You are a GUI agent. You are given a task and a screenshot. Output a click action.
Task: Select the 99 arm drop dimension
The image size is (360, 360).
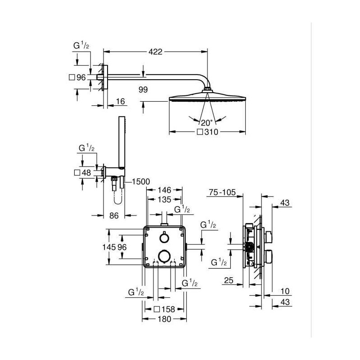coord(143,90)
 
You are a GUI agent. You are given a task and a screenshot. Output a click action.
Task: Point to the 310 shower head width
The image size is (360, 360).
coord(211,133)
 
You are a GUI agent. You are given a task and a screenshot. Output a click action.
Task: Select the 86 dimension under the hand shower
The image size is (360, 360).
coord(114,216)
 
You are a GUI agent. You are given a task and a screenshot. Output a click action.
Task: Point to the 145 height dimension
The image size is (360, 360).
coord(115,247)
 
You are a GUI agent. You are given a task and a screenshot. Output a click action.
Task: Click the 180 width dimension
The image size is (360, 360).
coord(164,319)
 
